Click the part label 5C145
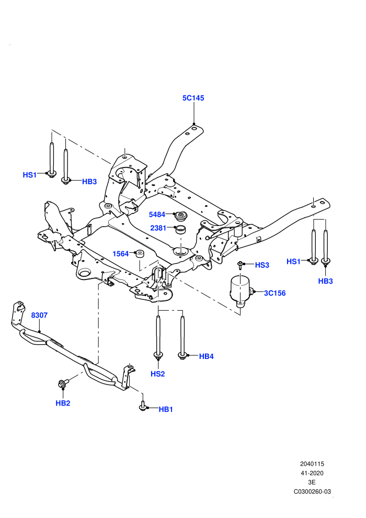(193, 98)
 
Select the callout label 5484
(157, 215)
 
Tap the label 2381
(158, 228)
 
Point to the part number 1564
(120, 254)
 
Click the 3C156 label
(274, 293)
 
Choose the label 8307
(39, 316)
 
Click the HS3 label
(262, 265)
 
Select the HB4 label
(206, 356)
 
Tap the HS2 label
(158, 374)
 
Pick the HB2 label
(63, 403)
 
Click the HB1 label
(166, 409)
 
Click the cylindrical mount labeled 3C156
(241, 291)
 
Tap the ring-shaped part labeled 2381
(180, 229)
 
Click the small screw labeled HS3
(241, 265)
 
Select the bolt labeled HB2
(63, 384)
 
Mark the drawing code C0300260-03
(312, 492)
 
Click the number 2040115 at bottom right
(312, 464)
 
